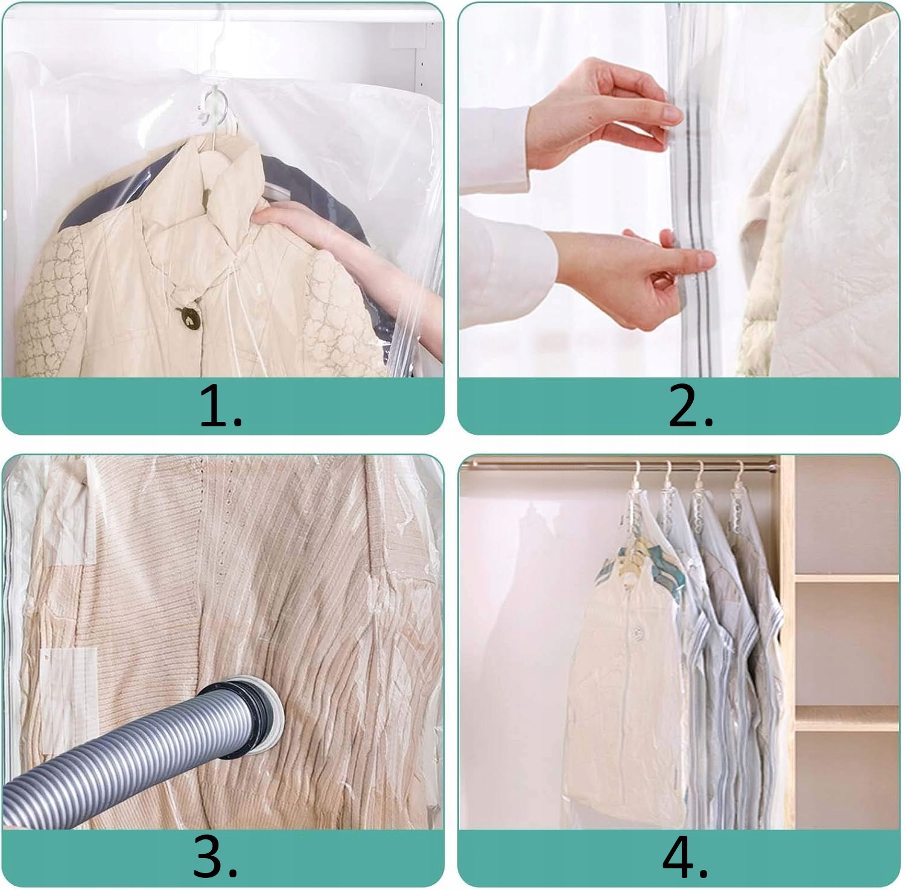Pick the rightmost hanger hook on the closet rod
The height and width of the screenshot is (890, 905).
[739, 476]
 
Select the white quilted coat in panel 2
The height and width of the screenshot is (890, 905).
[821, 199]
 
